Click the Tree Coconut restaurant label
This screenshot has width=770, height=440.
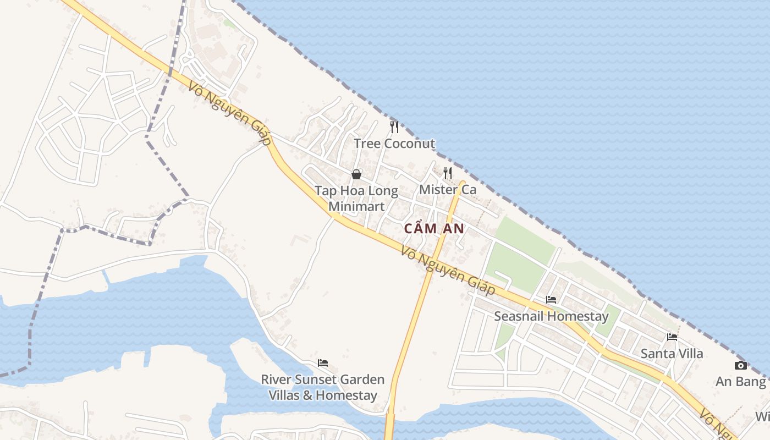tap(394, 144)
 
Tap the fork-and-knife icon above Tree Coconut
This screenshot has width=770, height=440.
tap(394, 127)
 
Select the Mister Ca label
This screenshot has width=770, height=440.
tap(448, 190)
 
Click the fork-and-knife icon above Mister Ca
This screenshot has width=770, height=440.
tap(448, 173)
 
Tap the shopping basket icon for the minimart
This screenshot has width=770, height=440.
tap(356, 174)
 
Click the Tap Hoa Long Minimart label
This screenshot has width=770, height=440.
tap(356, 199)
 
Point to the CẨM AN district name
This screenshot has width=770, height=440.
tap(435, 229)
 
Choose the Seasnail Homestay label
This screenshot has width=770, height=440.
tap(551, 316)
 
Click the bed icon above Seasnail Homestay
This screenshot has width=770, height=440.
tap(551, 300)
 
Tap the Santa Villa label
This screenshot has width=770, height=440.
tap(672, 354)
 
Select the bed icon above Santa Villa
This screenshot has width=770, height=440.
tap(672, 337)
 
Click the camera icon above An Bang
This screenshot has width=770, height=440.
tap(741, 366)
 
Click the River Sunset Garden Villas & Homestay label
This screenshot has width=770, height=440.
tap(323, 387)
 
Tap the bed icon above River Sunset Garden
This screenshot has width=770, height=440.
tap(323, 363)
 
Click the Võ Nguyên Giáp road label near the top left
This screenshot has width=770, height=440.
tap(229, 114)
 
